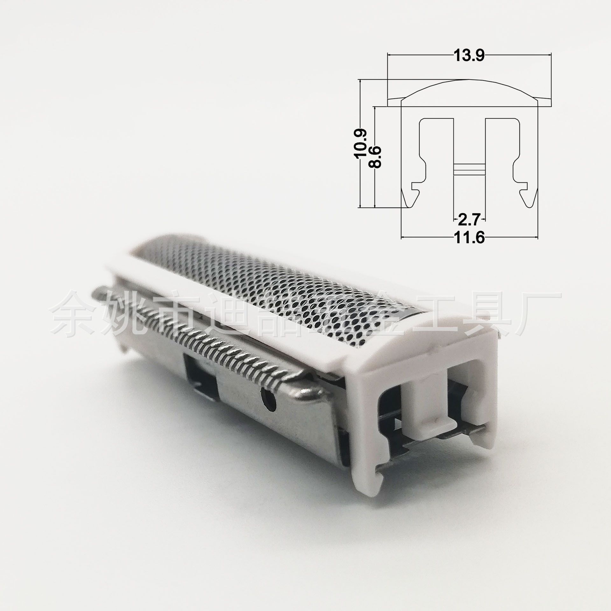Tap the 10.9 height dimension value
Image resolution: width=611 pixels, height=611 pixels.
tap(362, 143)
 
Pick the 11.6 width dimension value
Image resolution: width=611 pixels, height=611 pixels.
tap(469, 237)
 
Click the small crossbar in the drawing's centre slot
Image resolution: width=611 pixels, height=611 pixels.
tap(469, 169)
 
